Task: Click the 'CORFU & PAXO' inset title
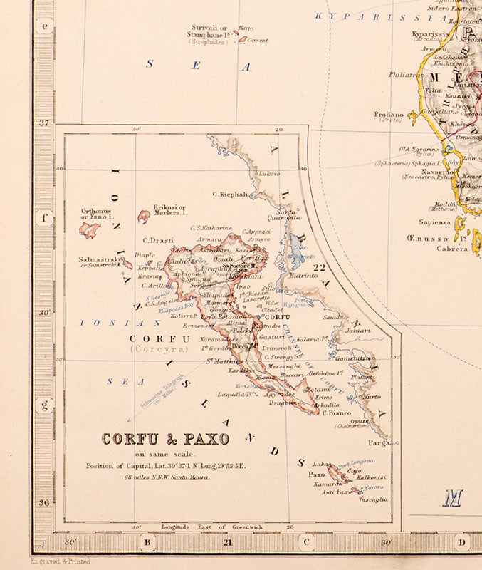(x=165, y=439)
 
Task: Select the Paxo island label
(x=315, y=474)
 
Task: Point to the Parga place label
(x=378, y=442)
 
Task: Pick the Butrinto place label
(x=303, y=274)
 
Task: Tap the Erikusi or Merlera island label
(x=169, y=210)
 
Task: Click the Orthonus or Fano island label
(x=97, y=214)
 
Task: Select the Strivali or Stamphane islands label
(x=209, y=34)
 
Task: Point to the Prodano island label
(x=389, y=115)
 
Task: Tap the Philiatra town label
(x=406, y=73)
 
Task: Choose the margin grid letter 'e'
(x=46, y=27)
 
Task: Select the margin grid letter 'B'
(x=148, y=544)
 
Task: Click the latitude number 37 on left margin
(x=44, y=123)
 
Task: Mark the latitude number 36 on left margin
(x=44, y=502)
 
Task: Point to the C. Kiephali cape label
(x=230, y=194)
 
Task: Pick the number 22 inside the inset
(x=320, y=269)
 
